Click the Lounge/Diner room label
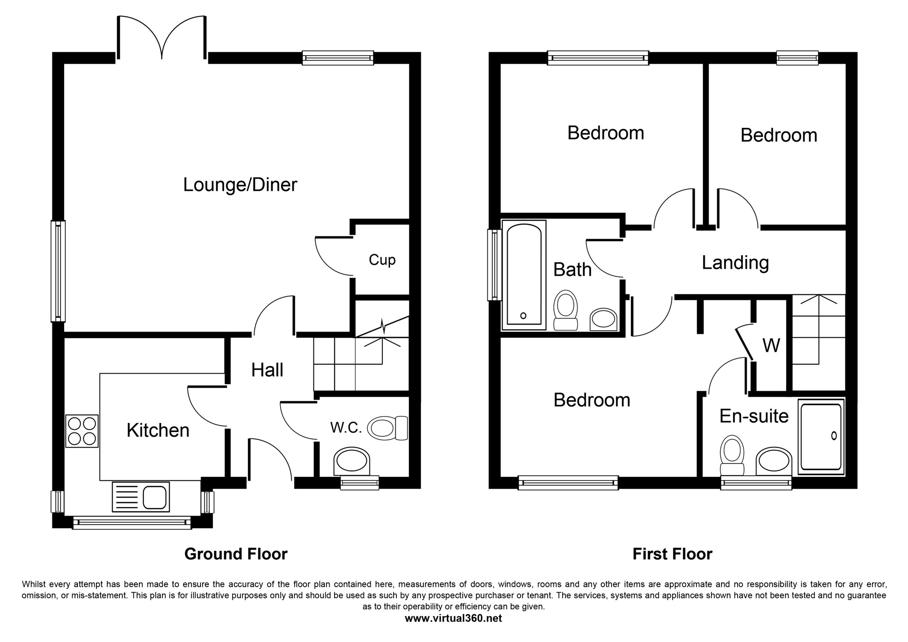[240, 185]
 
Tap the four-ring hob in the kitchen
[82, 431]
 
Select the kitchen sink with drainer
[141, 497]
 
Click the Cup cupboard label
[382, 260]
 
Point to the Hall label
[267, 370]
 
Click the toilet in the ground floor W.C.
[387, 428]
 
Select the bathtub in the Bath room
[524, 275]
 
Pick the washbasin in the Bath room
[603, 319]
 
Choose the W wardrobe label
[771, 345]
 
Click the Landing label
[735, 263]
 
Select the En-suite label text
[754, 416]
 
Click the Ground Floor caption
[236, 554]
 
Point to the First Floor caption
[672, 554]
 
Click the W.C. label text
[346, 428]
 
